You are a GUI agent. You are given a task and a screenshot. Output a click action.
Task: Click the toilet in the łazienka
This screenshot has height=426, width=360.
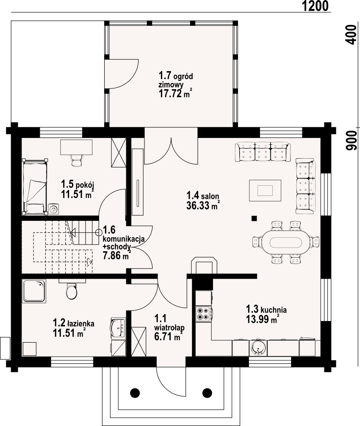72,291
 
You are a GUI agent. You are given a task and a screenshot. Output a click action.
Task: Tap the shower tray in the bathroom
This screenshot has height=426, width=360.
34,291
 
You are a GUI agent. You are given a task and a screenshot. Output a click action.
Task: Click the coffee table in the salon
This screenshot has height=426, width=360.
265,190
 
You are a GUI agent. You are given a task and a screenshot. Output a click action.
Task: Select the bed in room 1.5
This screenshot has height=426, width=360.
34,187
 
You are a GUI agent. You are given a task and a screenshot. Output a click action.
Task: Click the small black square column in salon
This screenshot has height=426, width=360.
254,218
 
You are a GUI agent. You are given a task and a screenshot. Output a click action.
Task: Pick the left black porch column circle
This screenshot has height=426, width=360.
135,392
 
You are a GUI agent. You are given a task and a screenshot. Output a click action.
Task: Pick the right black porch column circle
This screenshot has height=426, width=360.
207,392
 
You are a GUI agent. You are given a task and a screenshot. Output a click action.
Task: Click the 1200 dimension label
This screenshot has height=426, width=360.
315,6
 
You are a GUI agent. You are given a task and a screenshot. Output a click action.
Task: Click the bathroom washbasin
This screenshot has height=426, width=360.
118,328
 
